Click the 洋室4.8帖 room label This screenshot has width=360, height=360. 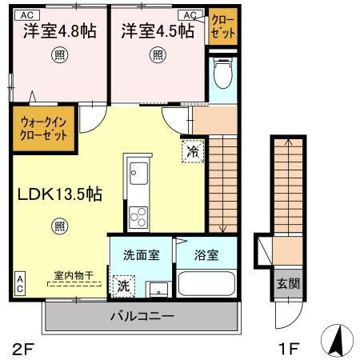(x=60, y=31)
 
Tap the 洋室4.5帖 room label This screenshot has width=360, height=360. (x=158, y=31)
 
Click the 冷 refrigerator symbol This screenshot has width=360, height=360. (x=192, y=149)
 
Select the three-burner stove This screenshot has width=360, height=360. (x=138, y=216)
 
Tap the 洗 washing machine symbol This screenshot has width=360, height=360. (x=126, y=284)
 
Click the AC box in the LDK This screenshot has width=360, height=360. (x=19, y=283)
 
